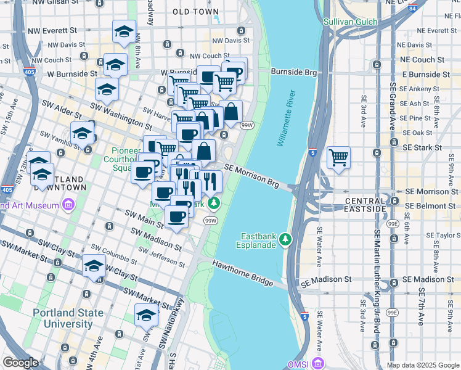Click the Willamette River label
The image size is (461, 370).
(x=287, y=118)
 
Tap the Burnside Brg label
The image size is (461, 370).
(x=293, y=72)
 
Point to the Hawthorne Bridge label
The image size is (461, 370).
(x=243, y=273)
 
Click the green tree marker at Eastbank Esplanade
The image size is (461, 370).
(x=285, y=239)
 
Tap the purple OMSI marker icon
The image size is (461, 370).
(x=317, y=363)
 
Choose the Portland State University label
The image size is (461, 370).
(x=68, y=318)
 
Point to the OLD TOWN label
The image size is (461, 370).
(x=195, y=12)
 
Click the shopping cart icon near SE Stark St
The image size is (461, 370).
(x=338, y=158)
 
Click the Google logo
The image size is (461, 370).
(x=20, y=363)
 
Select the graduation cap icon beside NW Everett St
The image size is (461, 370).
(x=124, y=32)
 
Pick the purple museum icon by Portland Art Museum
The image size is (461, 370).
(x=68, y=204)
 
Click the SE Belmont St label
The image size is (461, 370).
(x=430, y=205)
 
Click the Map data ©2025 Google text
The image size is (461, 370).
(x=422, y=364)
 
